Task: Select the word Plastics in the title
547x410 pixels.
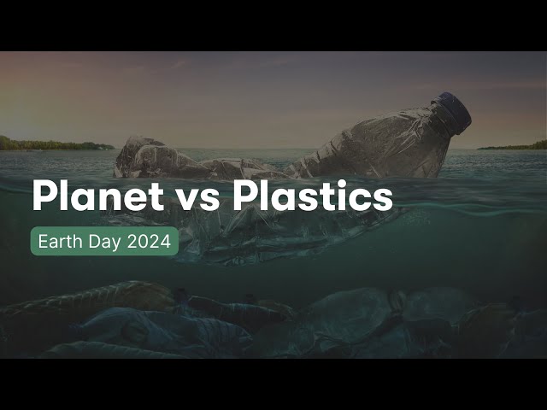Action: pos(313,196)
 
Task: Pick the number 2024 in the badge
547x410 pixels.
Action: pos(149,242)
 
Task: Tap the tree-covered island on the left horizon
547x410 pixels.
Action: pos(51,143)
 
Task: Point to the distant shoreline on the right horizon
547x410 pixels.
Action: pos(513,146)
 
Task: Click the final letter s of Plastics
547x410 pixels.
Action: pos(383,200)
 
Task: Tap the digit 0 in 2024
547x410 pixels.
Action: pos(144,242)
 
